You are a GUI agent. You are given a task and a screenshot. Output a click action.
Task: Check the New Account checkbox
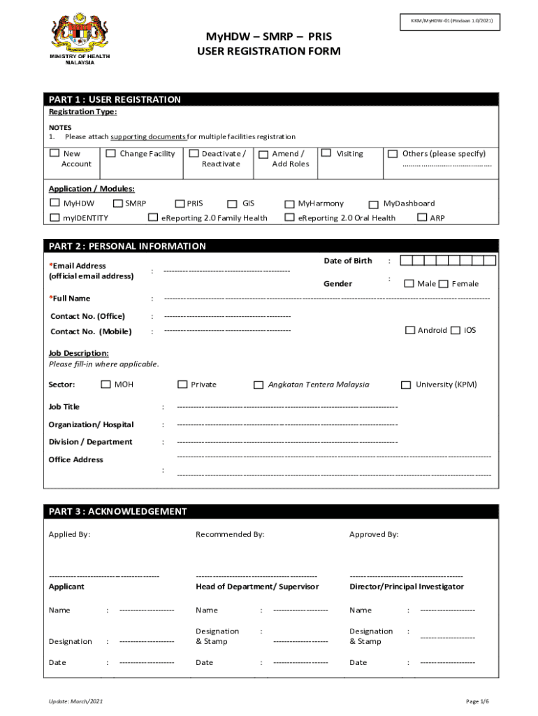(x=54, y=153)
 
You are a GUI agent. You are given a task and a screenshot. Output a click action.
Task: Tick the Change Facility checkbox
(x=110, y=153)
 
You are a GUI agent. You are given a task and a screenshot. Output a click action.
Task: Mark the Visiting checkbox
(x=326, y=152)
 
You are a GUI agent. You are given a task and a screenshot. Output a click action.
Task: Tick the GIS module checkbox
(x=232, y=204)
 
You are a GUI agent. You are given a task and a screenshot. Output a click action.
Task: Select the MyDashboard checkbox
(x=373, y=204)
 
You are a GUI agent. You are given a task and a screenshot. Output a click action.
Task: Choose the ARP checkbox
(x=421, y=217)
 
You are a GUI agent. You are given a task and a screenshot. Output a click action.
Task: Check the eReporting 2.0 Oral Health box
(x=289, y=217)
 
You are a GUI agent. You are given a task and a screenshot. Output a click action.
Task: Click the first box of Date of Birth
(x=405, y=261)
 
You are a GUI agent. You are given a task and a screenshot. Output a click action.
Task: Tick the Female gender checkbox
(x=443, y=284)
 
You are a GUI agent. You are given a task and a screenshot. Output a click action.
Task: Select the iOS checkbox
(x=455, y=330)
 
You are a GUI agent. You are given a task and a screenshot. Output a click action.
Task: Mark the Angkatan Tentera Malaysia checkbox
(x=259, y=385)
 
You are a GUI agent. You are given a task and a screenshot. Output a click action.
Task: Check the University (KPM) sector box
(x=406, y=385)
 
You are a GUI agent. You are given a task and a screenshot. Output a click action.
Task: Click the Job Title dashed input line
(x=287, y=407)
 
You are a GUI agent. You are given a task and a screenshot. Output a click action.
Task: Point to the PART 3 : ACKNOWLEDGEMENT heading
(x=118, y=512)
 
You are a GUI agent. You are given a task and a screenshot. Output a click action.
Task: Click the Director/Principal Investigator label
(x=406, y=587)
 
